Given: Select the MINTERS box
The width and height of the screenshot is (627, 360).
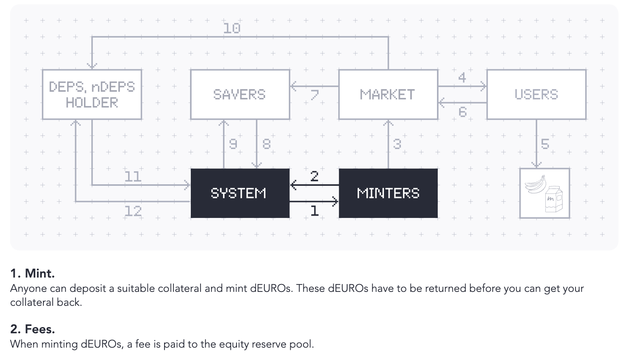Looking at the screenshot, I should point(388,193).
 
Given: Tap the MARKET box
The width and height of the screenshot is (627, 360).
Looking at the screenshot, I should point(388,94).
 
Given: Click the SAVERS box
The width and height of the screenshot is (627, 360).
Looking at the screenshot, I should point(240,94).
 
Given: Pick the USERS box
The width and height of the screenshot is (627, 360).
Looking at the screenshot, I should point(536,94).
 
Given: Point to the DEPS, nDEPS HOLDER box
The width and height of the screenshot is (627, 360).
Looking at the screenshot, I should point(92,94).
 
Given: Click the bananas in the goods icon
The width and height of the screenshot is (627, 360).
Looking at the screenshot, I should point(536,184).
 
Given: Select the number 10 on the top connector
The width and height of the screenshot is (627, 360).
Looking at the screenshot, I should point(232,28).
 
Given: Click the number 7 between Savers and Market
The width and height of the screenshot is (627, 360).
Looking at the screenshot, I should point(314,95).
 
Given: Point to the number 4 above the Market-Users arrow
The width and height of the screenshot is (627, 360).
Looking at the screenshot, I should point(462,78).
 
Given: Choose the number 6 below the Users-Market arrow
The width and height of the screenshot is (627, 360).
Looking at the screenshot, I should point(463,112).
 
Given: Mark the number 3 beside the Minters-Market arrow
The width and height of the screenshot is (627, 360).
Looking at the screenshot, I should point(397,144).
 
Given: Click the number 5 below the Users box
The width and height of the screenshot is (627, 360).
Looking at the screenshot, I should point(545,144).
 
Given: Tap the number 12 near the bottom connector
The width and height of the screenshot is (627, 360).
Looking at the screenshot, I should point(133,211).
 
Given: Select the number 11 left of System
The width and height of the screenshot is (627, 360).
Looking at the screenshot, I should point(133,177).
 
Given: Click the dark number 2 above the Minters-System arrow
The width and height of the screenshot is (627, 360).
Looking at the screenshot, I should point(314,177).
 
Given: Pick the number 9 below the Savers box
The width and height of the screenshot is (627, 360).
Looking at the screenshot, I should point(233,144).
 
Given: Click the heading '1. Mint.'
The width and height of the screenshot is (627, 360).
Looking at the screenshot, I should point(33,273).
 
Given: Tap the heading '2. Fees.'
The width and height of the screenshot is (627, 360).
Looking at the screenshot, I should point(33,329).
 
